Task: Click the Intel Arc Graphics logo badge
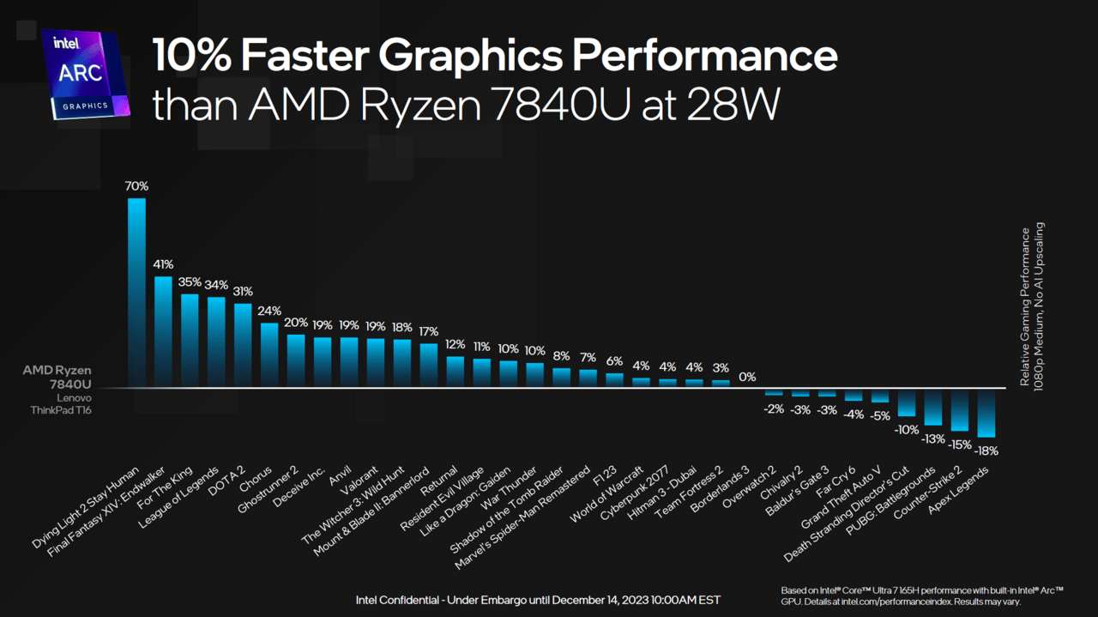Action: coord(85,75)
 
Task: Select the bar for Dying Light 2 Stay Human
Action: coord(136,292)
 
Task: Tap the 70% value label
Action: coord(136,186)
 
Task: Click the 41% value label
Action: coord(163,264)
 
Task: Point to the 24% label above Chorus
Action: coord(269,311)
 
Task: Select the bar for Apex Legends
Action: coord(986,413)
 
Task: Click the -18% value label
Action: coord(986,451)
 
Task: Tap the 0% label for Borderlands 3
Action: coord(747,377)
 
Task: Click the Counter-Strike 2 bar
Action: coord(959,409)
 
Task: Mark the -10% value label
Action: coord(907,429)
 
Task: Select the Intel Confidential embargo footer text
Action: coord(538,599)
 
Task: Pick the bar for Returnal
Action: coord(455,372)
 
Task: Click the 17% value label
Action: coord(429,331)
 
